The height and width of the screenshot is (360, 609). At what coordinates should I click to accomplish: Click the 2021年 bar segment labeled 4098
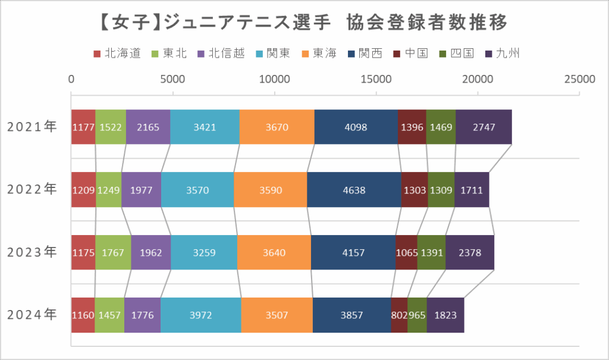[356, 127]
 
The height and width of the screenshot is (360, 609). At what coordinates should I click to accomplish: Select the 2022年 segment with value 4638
[354, 190]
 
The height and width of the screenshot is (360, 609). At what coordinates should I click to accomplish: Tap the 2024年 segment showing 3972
[200, 315]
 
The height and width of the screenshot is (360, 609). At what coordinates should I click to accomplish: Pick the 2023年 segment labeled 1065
[406, 252]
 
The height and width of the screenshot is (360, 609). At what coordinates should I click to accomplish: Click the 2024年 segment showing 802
[399, 315]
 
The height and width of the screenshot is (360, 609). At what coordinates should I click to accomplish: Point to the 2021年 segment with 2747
[484, 127]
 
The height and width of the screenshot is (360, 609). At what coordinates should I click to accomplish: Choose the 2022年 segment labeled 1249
[108, 190]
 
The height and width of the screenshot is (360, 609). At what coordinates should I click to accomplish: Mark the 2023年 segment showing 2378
[469, 252]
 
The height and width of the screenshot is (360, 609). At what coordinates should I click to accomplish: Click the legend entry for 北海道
[118, 54]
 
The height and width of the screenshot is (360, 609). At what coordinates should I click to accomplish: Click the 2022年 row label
[32, 190]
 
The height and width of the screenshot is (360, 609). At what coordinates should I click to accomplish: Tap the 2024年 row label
[32, 315]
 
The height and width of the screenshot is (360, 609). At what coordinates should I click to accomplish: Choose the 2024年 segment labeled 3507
[277, 315]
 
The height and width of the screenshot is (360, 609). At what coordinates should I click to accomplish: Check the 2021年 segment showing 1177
[83, 127]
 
